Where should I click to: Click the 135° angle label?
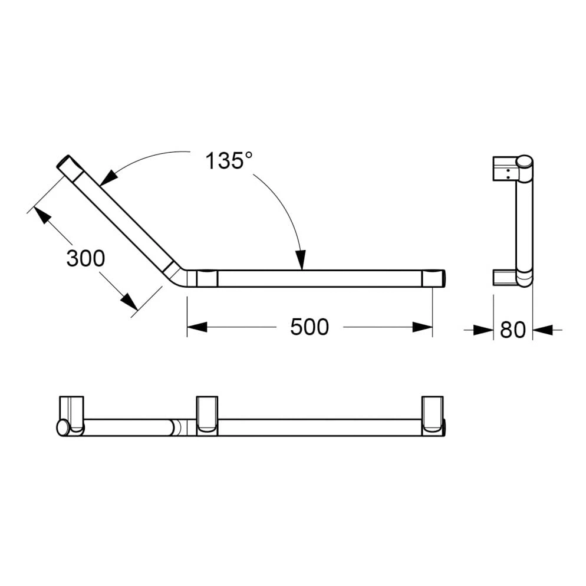[x=229, y=161]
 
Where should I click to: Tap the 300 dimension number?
[x=85, y=258]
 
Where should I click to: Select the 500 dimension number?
[x=310, y=327]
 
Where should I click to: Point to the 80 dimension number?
[x=513, y=330]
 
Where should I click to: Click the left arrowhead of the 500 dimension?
[x=197, y=327]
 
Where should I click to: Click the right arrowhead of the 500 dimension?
[x=422, y=327]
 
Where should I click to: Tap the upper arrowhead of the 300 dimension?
[x=42, y=215]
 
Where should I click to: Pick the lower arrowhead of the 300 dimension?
[x=129, y=301]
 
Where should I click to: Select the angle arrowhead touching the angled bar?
[x=107, y=177]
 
